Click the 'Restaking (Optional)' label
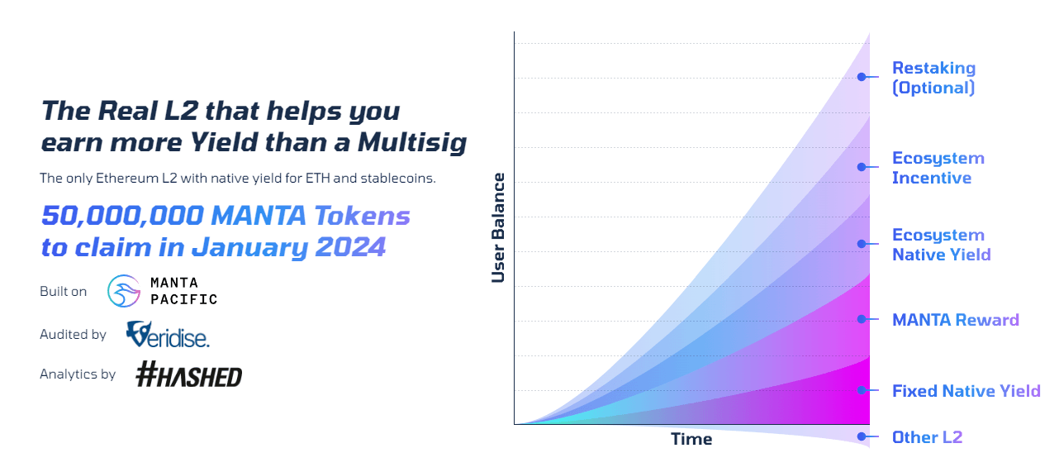coord(933,78)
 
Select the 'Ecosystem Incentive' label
coord(938,168)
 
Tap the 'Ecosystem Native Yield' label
coord(941,245)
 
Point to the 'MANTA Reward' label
coord(955,320)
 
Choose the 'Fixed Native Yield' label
coord(966,391)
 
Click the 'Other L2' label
coord(927,437)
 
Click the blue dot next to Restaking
coord(861,77)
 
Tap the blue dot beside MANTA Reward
coord(861,319)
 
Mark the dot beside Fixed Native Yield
coord(861,390)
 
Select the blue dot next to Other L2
coord(861,436)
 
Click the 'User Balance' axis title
coord(498,227)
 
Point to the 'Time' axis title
coord(691,439)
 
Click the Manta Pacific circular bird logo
coord(125,291)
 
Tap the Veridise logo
coord(168,335)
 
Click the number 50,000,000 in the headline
coord(121,217)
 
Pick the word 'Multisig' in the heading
coord(412,143)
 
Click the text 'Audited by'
coord(73,335)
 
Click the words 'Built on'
coord(63,292)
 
